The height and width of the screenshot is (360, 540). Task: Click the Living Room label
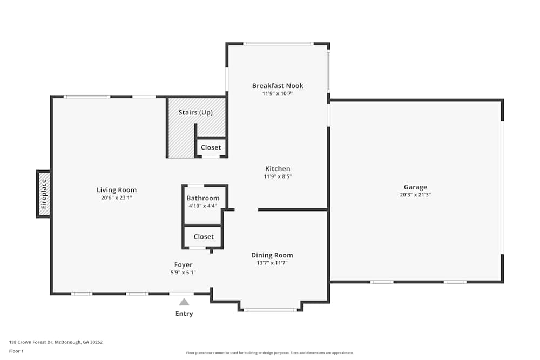coord(116,190)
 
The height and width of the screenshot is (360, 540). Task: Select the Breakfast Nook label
coord(278,85)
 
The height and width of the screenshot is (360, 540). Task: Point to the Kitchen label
coord(278,169)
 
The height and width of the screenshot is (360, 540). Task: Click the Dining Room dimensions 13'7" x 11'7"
coord(272,263)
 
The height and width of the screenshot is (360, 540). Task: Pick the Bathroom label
coord(203,198)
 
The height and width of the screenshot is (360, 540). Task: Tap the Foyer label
coord(183,264)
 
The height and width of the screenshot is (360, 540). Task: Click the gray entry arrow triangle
coord(184,302)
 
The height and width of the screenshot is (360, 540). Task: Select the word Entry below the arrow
coord(184,314)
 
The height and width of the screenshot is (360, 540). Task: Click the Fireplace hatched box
coord(44,194)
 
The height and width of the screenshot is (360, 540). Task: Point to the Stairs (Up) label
coord(195,112)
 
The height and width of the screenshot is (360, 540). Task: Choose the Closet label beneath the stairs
coord(211,147)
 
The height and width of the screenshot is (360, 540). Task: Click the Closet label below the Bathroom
coord(204,236)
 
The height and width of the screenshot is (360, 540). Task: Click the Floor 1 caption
coord(16,351)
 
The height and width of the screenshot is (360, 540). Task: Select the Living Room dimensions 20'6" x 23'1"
coord(116,198)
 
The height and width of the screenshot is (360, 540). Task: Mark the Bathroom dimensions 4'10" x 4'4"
coord(203,206)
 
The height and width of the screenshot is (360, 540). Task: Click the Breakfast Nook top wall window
coord(278,44)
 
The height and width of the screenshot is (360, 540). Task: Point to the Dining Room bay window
coord(270,310)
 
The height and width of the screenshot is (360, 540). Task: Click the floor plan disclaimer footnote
coord(270,352)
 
